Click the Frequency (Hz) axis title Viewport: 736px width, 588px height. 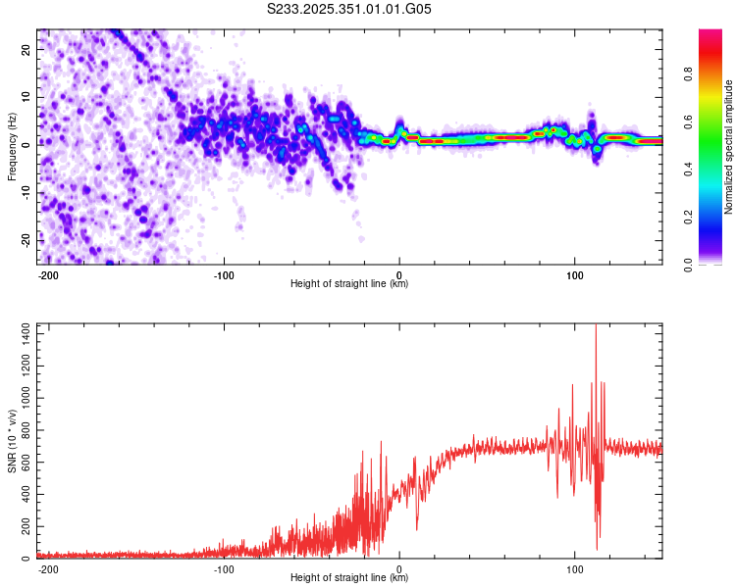[x=12, y=146]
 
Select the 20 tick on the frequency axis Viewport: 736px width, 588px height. [x=27, y=50]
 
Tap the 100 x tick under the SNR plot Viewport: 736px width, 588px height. [x=574, y=568]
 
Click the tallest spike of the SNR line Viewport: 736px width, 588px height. [x=596, y=327]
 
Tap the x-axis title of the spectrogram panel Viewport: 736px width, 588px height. [x=349, y=284]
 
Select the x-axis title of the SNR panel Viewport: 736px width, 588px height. [x=349, y=578]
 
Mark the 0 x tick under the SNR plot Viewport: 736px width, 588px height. [x=399, y=568]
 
